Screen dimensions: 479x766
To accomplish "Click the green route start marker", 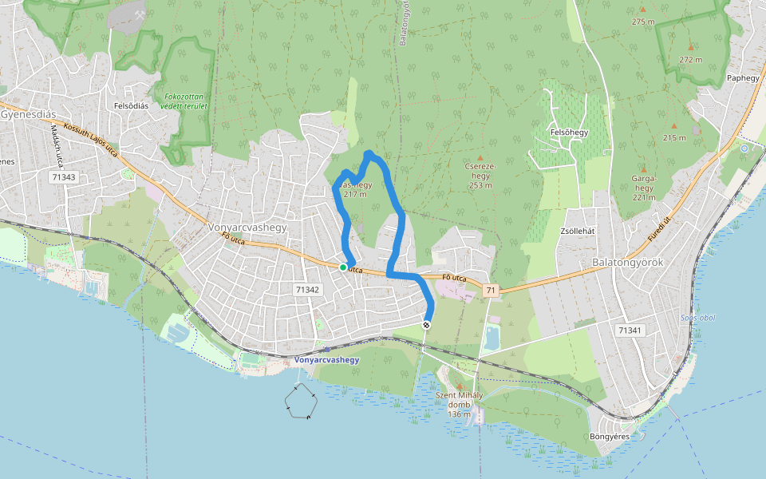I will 343,267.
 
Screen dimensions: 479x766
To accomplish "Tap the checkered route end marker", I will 427,324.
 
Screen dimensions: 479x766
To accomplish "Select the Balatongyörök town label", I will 628,262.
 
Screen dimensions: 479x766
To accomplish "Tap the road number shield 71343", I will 62,176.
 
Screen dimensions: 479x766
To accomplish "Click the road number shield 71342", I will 307,290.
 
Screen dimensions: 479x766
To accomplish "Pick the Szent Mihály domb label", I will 460,404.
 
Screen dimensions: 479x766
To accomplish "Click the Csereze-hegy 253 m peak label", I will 480,176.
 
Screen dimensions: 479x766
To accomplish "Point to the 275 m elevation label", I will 642,22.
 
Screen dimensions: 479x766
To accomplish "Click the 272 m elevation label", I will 690,60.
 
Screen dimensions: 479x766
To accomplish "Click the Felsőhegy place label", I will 569,133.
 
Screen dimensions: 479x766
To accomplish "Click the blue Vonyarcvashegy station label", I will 327,360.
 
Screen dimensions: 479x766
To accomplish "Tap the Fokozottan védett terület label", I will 184,100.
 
